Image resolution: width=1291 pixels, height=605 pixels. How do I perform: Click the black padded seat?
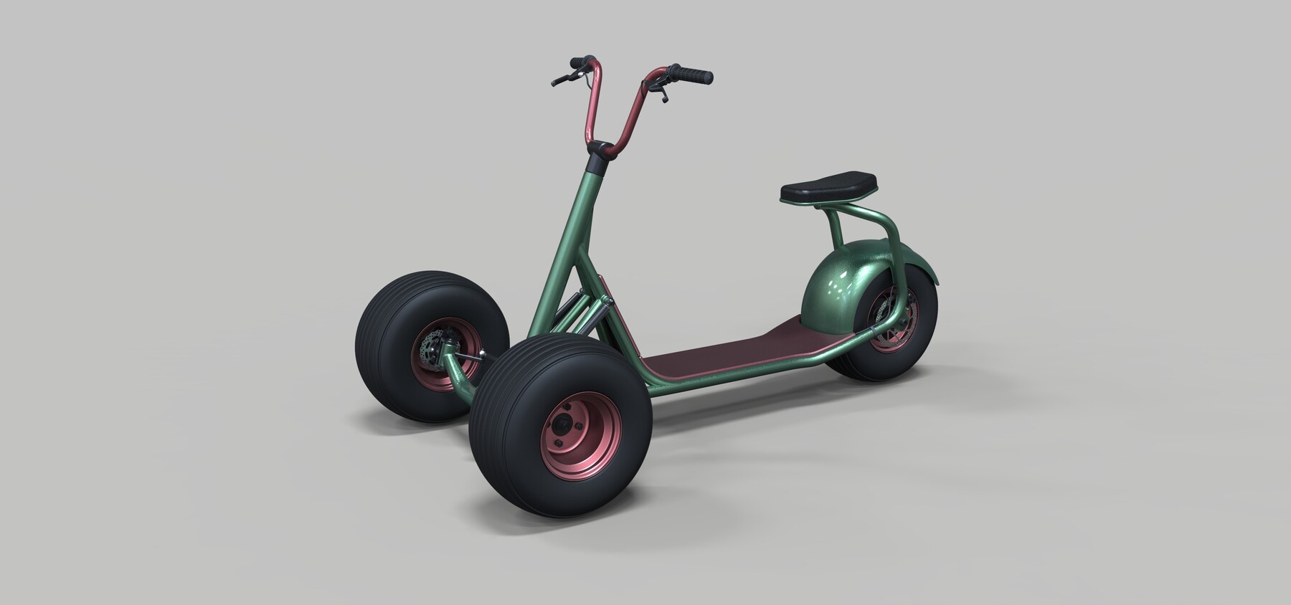point(828,185)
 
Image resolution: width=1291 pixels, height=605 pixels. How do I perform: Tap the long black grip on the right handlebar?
point(692,74)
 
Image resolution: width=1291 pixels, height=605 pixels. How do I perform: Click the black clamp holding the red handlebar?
point(600,149)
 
